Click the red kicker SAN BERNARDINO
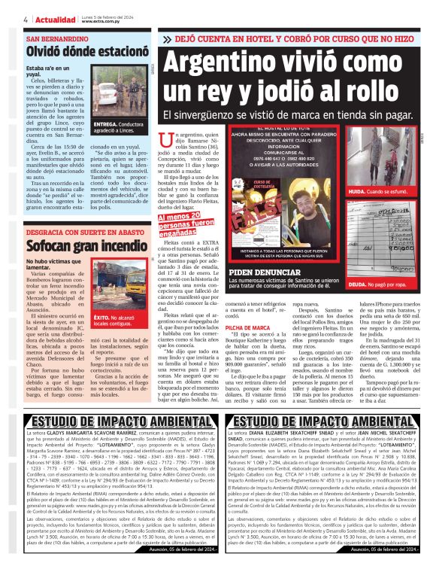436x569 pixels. click(x=57, y=38)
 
